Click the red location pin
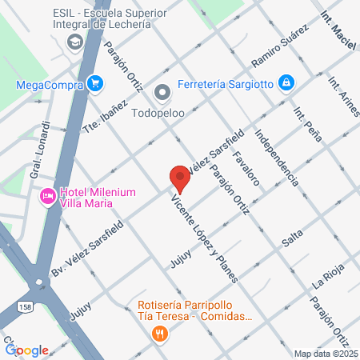point(180,178)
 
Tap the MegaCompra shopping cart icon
point(96,82)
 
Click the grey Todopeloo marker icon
point(163,93)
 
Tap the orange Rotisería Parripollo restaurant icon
point(160,334)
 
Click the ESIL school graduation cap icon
point(76,41)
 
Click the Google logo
point(27,350)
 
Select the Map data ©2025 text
point(325,354)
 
